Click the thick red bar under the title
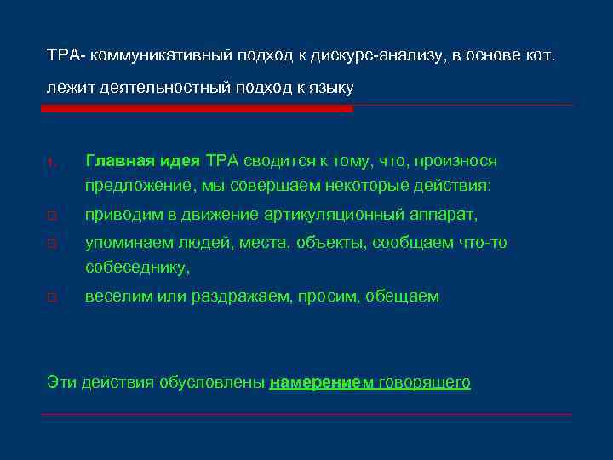coord(198,109)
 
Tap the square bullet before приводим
coord(51,216)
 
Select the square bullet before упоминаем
coord(51,244)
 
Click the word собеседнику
coord(137,267)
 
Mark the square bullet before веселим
coord(51,297)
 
